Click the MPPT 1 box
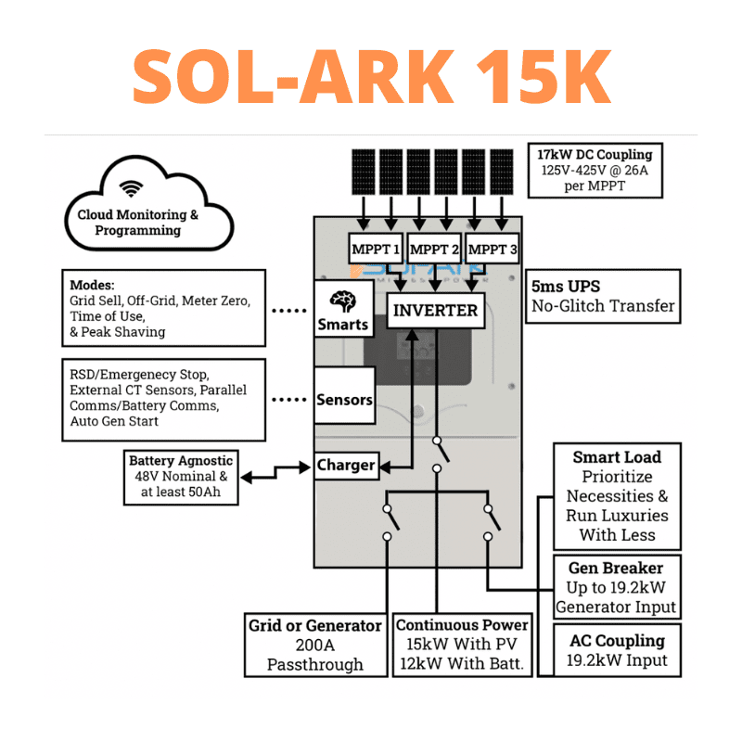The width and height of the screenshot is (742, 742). point(376,249)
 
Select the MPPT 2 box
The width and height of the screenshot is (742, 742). point(434,249)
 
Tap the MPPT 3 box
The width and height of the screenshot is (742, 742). point(493,249)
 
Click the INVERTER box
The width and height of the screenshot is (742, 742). point(436,310)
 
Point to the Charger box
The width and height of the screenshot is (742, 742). point(346,465)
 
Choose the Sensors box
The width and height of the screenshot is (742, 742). point(344,400)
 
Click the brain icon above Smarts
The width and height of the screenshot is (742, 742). point(343,300)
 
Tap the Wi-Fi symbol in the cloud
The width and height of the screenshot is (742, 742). point(133,189)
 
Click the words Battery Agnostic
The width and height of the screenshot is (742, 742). point(181,460)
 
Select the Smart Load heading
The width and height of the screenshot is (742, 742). point(617,456)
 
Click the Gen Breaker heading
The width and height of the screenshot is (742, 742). point(616,567)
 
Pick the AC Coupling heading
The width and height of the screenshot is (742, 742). point(617,640)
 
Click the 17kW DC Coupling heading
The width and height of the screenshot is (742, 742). point(595,154)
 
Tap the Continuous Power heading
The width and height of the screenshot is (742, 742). point(462,624)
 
